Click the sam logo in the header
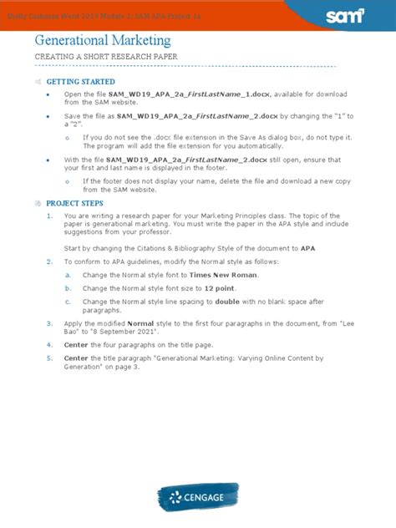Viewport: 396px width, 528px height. click(x=347, y=14)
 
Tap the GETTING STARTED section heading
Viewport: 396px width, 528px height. click(x=80, y=82)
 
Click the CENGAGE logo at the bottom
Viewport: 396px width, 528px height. click(x=197, y=499)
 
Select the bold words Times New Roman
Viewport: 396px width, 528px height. click(x=224, y=275)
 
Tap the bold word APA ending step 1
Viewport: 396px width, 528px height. click(x=308, y=248)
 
